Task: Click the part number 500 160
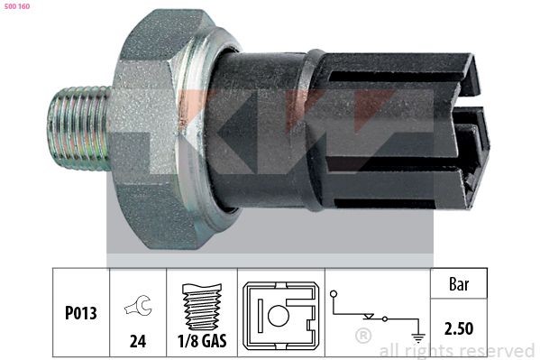19,6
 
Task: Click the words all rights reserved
456,350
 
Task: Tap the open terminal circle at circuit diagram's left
334,293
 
